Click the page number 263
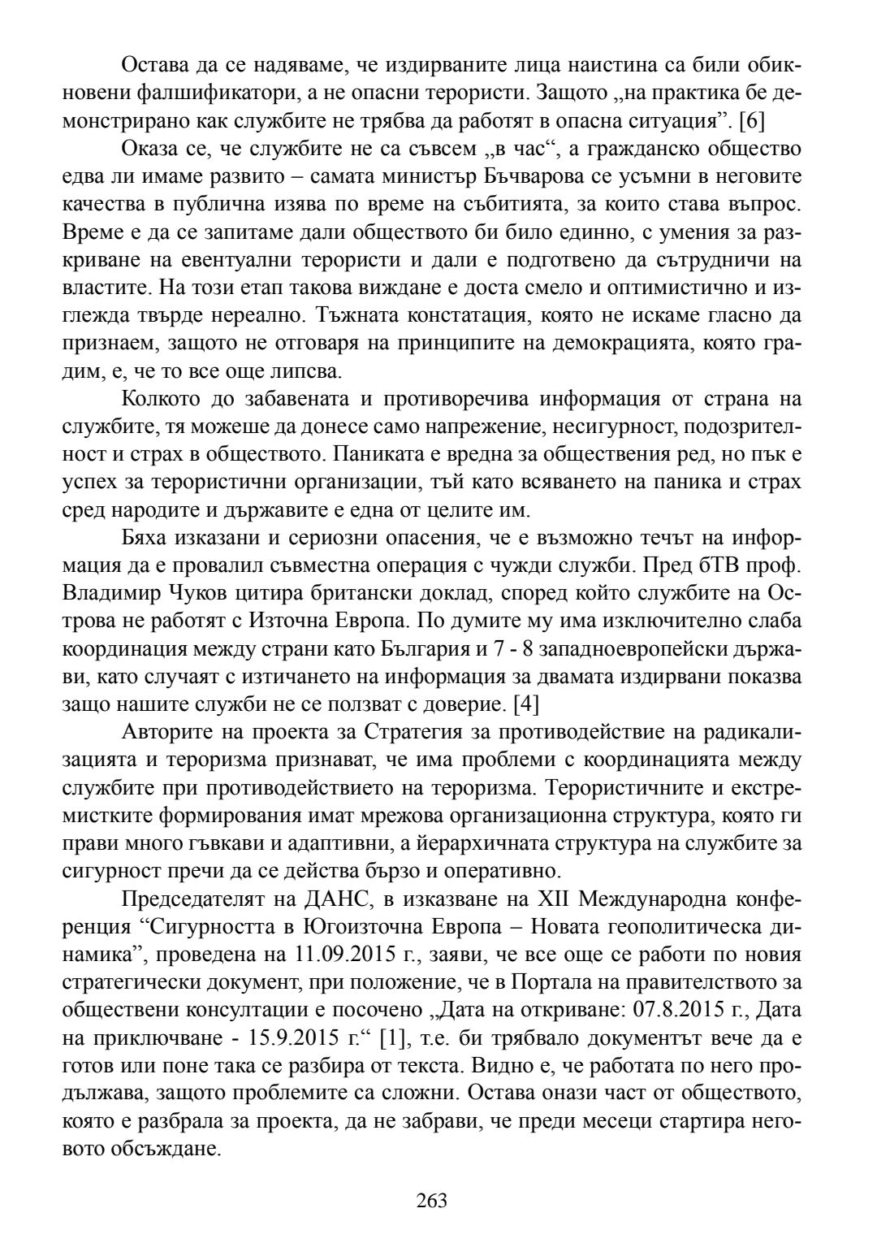tap(431, 1200)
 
